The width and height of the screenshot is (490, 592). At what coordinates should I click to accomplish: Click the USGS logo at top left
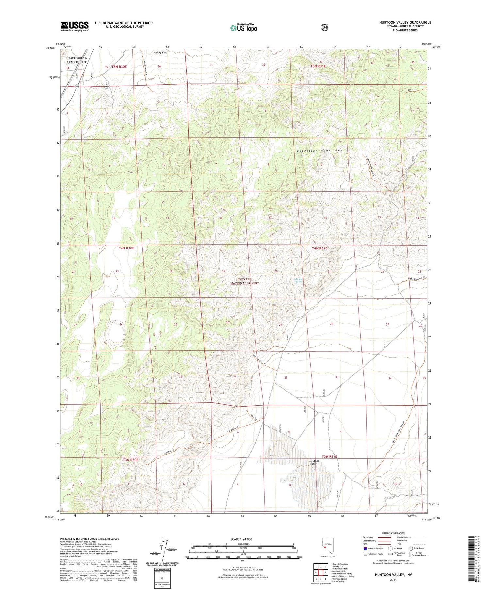pos(74,26)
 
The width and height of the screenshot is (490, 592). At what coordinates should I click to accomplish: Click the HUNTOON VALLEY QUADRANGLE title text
pos(405,22)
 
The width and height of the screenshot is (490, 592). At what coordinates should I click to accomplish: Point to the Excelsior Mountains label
pos(319,151)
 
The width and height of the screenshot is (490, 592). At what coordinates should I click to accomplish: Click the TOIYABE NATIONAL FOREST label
pos(244,281)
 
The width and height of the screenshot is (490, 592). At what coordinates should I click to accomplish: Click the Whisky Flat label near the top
pos(160,52)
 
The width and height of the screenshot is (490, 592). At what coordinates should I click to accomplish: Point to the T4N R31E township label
pos(319,248)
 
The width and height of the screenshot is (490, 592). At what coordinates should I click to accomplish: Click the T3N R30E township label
pos(130,460)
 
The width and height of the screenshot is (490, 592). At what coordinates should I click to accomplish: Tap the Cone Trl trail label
pos(412,90)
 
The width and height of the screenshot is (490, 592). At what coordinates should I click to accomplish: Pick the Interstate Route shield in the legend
pos(365,548)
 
